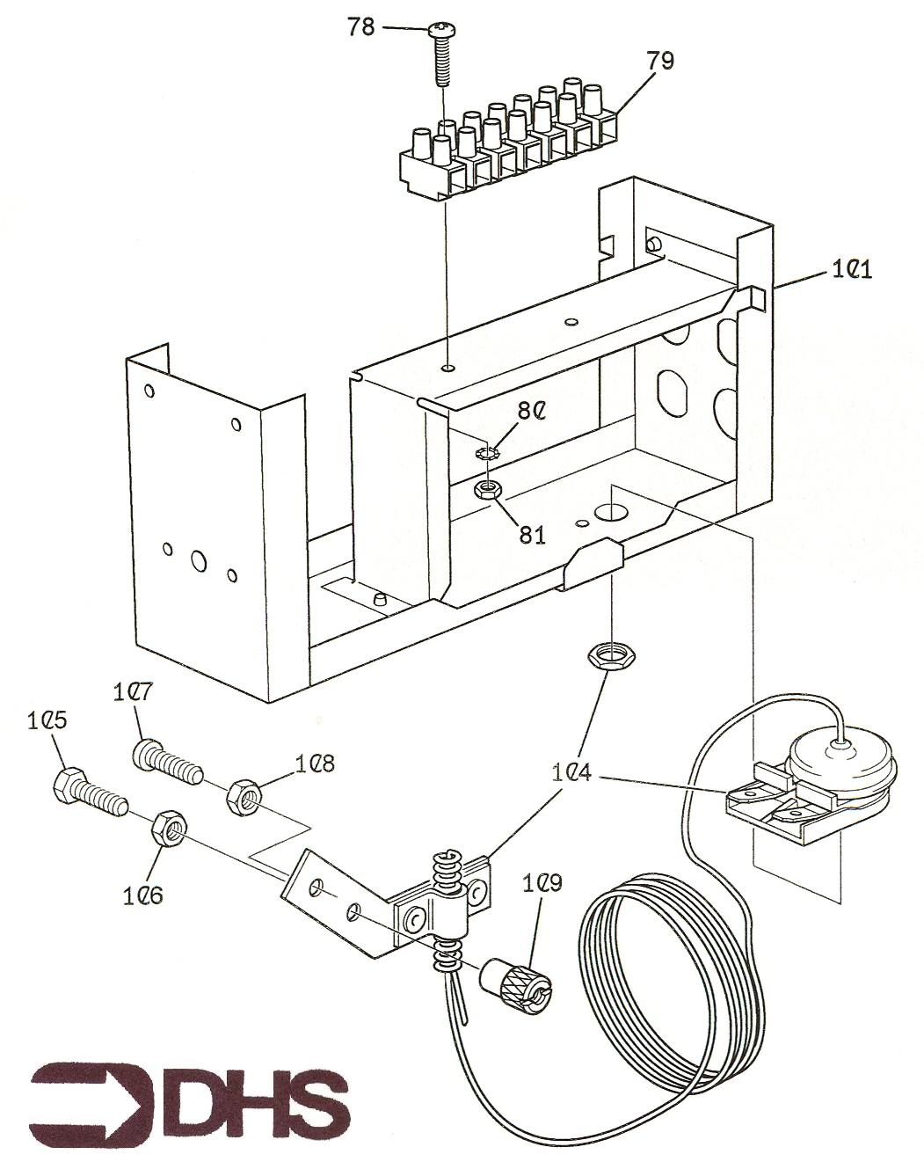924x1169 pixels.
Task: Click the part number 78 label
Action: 360,27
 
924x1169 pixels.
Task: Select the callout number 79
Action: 660,61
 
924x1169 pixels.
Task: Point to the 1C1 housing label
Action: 851,270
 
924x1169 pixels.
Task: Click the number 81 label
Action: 531,534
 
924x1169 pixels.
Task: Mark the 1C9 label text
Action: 543,882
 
